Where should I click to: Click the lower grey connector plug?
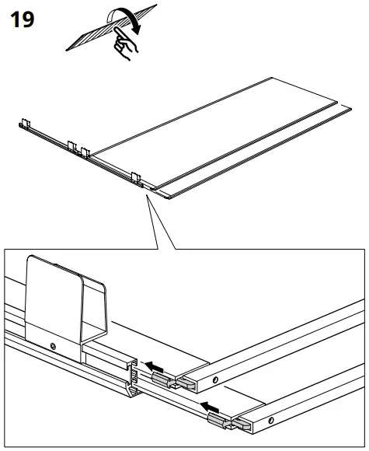coord(220,421)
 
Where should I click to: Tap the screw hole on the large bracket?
coord(52,345)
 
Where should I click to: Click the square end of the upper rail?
coord(186,381)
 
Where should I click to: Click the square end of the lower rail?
coord(240,423)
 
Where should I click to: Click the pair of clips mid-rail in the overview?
coord(78,146)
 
